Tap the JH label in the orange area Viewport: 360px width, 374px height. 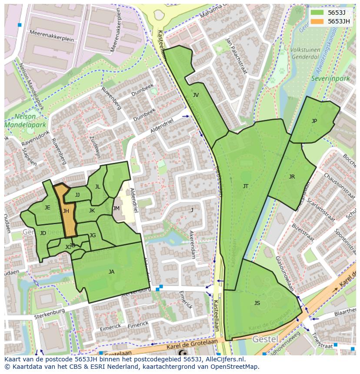point(66,211)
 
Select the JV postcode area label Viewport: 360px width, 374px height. point(196,95)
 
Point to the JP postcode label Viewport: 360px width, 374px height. point(314,121)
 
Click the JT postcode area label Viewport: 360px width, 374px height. point(246,186)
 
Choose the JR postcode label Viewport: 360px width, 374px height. point(292,177)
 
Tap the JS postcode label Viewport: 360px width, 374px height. point(257,303)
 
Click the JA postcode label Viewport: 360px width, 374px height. point(111,272)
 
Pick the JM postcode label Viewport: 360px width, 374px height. point(116,209)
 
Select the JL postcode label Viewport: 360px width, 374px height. point(97,187)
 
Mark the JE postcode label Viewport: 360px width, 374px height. point(47,208)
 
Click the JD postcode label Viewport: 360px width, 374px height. point(43,233)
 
